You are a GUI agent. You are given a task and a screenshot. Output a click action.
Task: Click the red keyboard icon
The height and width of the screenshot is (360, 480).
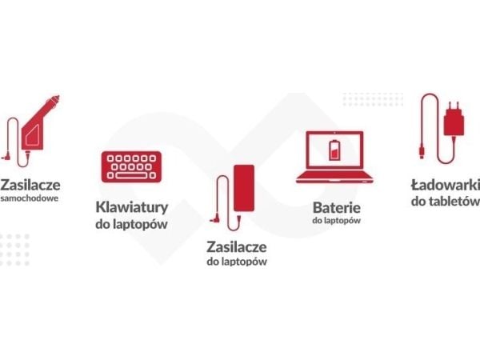tap(131, 167)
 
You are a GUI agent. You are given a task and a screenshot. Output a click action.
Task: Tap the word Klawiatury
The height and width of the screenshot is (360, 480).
tap(132, 207)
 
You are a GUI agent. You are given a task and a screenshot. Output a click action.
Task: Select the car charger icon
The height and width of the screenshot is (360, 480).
tap(30, 131)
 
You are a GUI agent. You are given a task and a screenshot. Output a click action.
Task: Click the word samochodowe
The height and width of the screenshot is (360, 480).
tap(30, 198)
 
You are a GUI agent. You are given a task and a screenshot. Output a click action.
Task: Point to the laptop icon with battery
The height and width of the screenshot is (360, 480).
tap(334, 158)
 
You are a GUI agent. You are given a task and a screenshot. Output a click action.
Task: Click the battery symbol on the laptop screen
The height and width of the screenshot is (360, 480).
tap(334, 150)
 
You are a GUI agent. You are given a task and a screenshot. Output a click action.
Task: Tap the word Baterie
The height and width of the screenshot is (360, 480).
tap(337, 208)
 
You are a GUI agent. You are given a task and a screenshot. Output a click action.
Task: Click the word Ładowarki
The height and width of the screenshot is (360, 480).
tap(446, 185)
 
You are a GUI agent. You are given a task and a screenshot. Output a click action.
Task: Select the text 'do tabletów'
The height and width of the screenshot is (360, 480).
tap(446, 201)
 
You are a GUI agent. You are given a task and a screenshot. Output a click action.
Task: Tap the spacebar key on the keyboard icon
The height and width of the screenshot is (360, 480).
tap(131, 176)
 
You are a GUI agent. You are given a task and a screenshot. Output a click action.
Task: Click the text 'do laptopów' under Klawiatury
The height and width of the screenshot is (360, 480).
tap(132, 224)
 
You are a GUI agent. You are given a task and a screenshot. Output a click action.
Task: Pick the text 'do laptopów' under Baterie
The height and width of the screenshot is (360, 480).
tap(337, 221)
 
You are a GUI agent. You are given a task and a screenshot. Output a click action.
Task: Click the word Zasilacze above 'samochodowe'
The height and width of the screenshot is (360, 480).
tap(30, 185)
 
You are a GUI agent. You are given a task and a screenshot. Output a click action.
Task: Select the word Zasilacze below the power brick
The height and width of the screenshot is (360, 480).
tap(237, 247)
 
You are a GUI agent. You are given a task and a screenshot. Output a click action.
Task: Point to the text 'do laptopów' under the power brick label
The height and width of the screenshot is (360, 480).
tap(237, 262)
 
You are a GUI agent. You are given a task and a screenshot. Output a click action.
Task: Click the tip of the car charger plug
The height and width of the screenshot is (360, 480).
tap(57, 98)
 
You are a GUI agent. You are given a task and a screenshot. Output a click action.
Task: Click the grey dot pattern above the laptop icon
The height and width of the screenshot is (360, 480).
tap(373, 99)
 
